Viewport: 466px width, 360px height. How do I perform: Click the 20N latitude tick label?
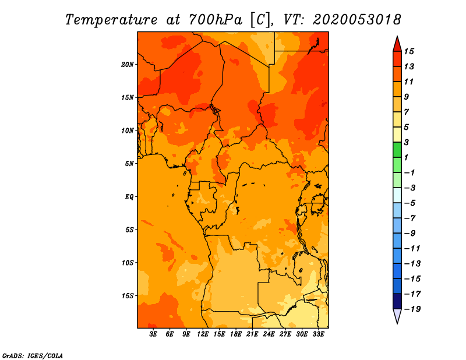(x=127, y=65)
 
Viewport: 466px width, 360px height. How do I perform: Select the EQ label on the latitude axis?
(x=129, y=197)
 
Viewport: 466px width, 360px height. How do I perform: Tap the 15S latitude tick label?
(x=128, y=296)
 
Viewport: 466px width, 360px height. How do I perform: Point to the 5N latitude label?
(x=129, y=164)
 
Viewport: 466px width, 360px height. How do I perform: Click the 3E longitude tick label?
(x=153, y=334)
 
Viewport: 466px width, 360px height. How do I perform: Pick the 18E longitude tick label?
(x=236, y=334)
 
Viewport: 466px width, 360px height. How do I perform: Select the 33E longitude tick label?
(x=318, y=334)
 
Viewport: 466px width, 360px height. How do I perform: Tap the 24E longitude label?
(x=269, y=334)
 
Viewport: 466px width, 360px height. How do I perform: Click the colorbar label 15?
(x=409, y=51)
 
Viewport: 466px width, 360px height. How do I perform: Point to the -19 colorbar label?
(x=412, y=309)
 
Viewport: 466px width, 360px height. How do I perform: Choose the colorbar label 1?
(x=406, y=157)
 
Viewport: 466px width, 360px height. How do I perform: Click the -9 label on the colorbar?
(x=410, y=234)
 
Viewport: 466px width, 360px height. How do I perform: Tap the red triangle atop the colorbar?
(x=397, y=44)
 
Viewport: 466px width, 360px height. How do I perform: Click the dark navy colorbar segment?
(x=397, y=301)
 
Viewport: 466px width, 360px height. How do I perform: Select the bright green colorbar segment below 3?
(x=397, y=150)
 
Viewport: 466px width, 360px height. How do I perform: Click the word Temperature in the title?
(x=111, y=20)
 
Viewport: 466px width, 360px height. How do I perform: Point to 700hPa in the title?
(x=216, y=20)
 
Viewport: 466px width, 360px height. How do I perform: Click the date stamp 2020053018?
(x=357, y=20)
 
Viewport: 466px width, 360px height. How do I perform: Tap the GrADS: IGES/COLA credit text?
(x=33, y=356)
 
